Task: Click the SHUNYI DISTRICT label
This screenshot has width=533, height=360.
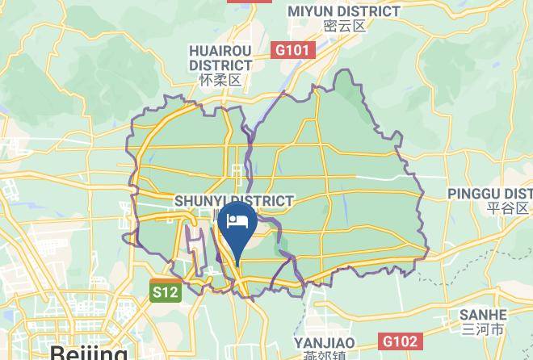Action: (234, 200)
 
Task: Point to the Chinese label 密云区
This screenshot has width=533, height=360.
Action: (345, 26)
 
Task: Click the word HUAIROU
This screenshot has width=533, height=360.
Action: (220, 51)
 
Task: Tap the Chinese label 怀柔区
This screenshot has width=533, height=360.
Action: (220, 81)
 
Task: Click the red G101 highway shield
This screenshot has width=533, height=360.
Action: (292, 50)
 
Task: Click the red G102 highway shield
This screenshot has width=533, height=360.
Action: (400, 341)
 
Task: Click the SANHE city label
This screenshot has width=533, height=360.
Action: (483, 315)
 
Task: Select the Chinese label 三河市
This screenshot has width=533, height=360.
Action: (483, 329)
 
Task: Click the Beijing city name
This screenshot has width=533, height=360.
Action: (89, 353)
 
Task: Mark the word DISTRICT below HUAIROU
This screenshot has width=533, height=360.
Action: (220, 65)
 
